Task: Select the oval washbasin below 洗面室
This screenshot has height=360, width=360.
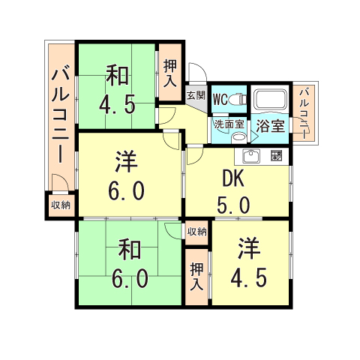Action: pos(238,136)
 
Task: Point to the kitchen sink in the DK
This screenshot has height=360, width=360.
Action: pos(250,157)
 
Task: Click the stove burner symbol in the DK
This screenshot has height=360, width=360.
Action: pos(275,157)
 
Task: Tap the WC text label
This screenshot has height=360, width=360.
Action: pos(220,99)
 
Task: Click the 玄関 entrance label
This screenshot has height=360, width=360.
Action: pos(195,95)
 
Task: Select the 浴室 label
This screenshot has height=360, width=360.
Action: pos(270,125)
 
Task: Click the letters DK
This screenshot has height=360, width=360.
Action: pos(234,179)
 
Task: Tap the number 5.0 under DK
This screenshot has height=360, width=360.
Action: pos(234,204)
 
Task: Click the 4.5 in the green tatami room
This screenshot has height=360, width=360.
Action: pos(118,102)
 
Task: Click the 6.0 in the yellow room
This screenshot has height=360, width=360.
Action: pos(126,192)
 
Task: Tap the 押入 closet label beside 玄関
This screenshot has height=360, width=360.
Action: pos(170,70)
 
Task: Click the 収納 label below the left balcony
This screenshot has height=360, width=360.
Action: pos(60,205)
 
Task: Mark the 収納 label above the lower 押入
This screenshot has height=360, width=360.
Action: pos(196,232)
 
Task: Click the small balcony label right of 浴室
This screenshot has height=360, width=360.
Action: pos(304,112)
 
